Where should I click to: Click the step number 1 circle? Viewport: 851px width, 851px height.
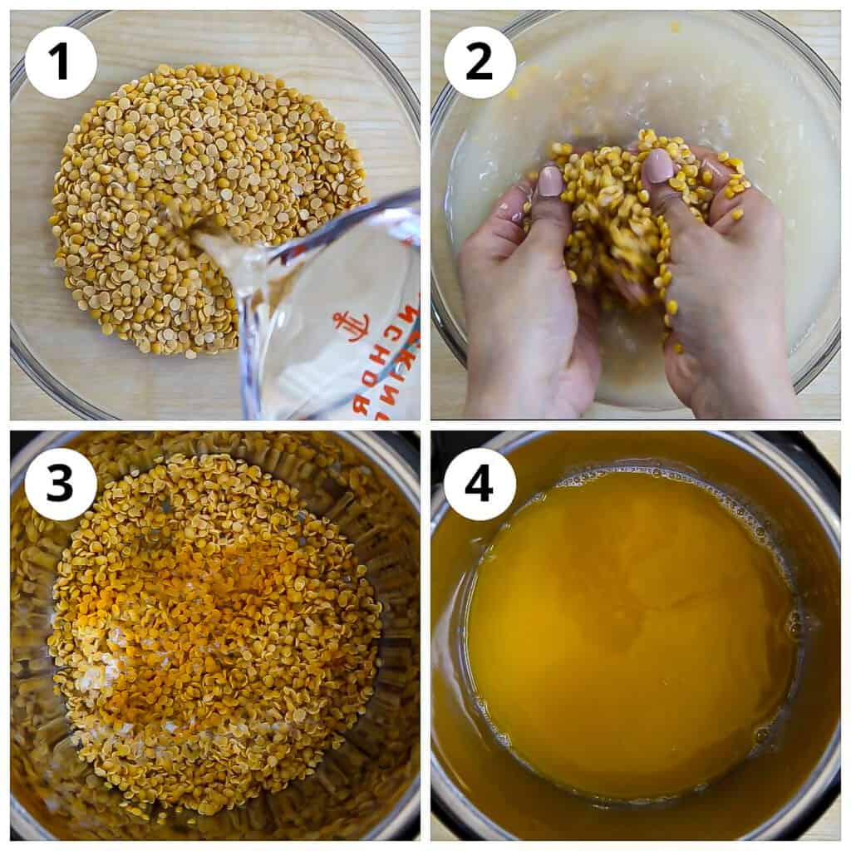[61, 62]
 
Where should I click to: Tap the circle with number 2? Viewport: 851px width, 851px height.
[480, 62]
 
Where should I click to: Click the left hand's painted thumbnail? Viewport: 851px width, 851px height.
[550, 181]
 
